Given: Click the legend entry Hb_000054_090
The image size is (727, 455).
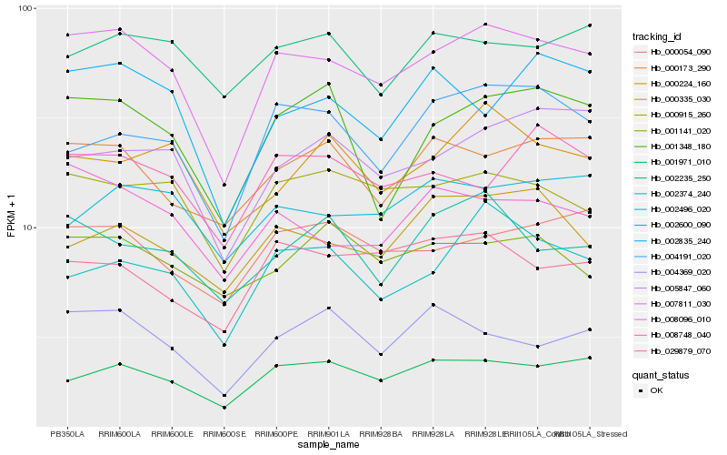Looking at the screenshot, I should pos(680,54).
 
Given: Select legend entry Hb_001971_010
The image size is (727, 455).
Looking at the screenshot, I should pos(680,161).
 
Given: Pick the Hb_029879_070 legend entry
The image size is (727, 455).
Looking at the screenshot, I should pos(680,350).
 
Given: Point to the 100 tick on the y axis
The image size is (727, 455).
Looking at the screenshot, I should pos(25,9).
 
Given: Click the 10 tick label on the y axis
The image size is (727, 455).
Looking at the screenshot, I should pos(27,227).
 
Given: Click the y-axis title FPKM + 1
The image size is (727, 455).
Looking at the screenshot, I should pos(11,217).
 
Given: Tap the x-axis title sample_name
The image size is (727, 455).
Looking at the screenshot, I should pos(328,445).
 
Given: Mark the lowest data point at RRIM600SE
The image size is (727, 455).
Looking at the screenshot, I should pos(224,408).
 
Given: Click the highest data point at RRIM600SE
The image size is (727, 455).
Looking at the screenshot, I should pos(224,96).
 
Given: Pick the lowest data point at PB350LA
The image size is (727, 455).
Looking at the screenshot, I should pos(67,380).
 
